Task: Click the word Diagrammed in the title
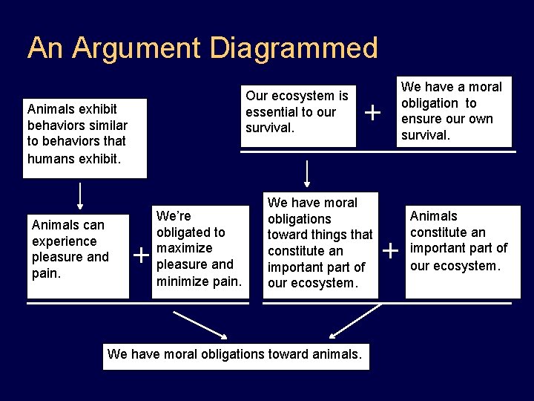coord(294,48)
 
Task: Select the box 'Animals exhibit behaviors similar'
coord(85,139)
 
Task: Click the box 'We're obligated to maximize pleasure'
coord(198,248)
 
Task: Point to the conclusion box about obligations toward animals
coord(236,353)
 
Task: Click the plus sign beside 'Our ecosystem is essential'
coord(374,114)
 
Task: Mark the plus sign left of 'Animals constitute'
coord(390,251)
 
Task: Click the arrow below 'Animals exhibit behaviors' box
coord(79,197)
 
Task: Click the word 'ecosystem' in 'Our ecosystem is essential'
coord(303,96)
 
